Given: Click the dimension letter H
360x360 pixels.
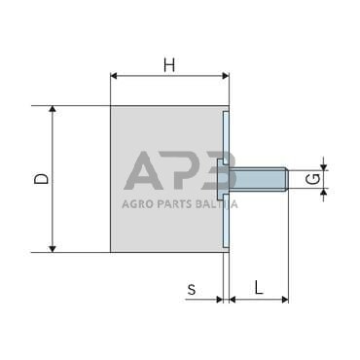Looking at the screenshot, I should tap(169, 65).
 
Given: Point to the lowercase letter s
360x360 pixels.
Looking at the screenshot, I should tap(192, 288).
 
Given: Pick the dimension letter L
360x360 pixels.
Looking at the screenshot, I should tap(258, 287).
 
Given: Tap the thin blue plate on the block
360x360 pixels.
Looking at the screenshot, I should tap(225, 180).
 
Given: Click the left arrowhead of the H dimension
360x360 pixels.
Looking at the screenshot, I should tap(115, 75).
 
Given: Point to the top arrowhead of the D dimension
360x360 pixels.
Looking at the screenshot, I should tap(54, 111).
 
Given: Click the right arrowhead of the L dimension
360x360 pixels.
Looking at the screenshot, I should tap(284, 300).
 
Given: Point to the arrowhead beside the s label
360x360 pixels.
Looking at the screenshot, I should tap(219, 300).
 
